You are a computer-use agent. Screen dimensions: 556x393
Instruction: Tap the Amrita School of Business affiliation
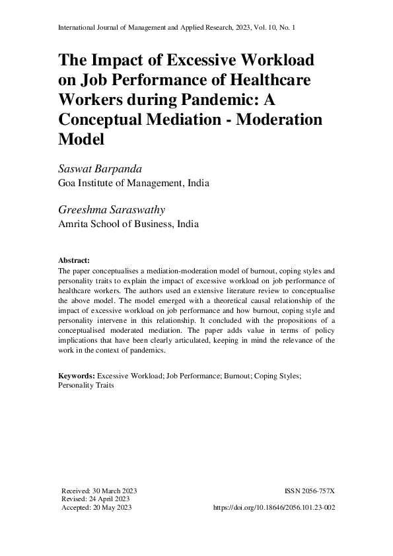[x=129, y=224]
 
